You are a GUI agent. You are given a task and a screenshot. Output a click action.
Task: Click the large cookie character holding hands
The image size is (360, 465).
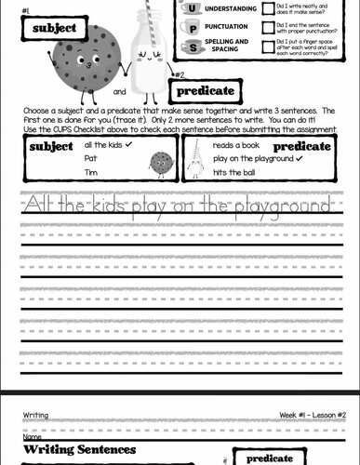[87, 54]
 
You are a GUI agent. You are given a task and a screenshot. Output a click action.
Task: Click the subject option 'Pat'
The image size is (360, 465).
[90, 159]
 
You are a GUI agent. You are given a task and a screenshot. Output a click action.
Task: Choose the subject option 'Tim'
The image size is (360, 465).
[90, 171]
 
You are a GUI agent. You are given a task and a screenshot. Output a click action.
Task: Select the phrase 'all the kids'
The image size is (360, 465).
[101, 146]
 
